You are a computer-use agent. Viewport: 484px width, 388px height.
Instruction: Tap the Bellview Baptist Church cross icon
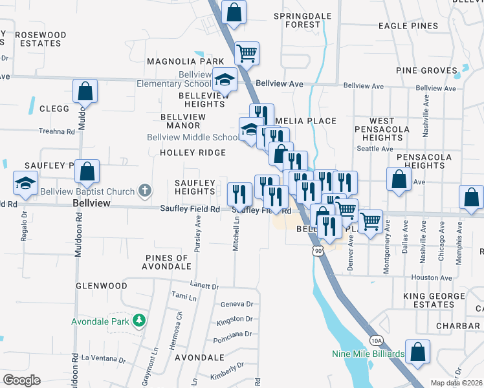tap(146, 191)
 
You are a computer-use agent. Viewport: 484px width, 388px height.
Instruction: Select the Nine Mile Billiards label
tap(368, 354)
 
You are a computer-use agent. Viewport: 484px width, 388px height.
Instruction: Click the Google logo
tap(21, 380)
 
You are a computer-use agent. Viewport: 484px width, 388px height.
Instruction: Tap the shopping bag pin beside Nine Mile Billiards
tap(418, 352)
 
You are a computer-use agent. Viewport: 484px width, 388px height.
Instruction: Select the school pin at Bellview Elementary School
tap(225, 80)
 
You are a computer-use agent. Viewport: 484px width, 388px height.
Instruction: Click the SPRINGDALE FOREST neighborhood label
tap(297, 20)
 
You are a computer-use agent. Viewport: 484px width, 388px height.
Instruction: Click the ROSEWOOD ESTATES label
tap(40, 39)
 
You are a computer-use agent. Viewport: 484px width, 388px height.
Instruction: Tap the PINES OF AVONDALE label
tap(168, 262)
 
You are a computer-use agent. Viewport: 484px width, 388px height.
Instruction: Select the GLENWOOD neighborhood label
tap(101, 285)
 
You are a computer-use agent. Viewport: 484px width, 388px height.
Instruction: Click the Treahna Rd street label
tap(57, 131)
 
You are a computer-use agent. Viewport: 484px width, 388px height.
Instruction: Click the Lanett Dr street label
tap(205, 286)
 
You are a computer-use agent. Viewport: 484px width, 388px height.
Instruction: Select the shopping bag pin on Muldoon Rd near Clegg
tap(85, 91)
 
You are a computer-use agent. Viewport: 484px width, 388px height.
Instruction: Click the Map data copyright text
tap(456, 383)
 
